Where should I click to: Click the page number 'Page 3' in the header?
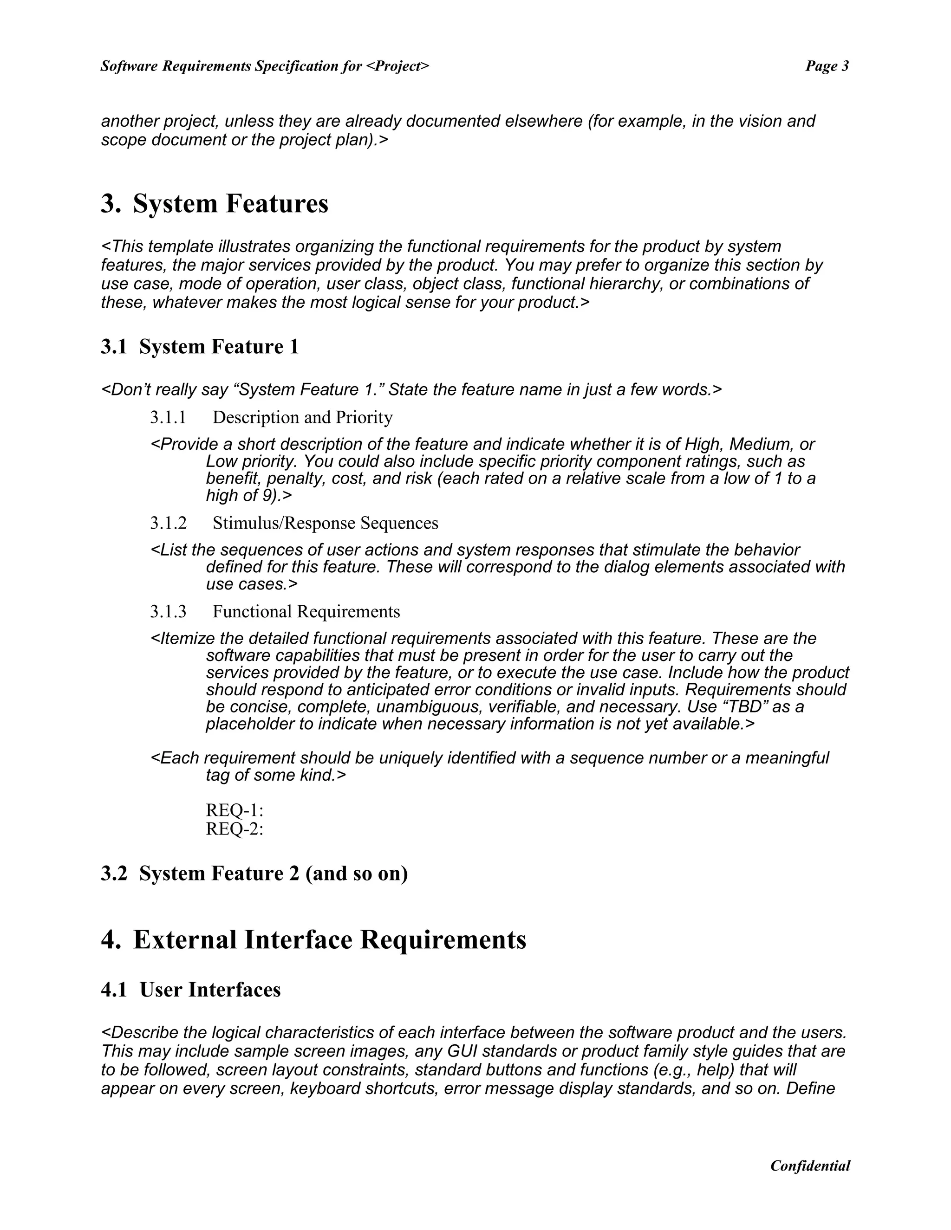click(827, 66)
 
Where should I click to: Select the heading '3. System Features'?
click(214, 203)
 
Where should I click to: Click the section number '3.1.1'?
click(168, 417)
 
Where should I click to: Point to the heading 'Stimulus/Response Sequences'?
click(325, 523)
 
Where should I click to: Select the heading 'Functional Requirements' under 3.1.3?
click(306, 611)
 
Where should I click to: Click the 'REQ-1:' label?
click(234, 810)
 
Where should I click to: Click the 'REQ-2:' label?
click(234, 829)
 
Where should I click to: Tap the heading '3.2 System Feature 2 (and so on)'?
click(254, 873)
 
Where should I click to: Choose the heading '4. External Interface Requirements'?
click(313, 940)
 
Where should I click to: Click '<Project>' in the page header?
click(397, 66)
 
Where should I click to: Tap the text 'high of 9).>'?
click(249, 496)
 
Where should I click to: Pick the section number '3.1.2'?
click(168, 523)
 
